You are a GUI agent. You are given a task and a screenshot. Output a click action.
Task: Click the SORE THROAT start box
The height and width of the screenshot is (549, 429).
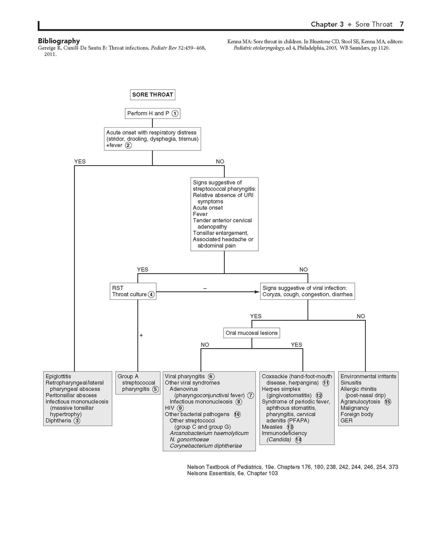click(153, 95)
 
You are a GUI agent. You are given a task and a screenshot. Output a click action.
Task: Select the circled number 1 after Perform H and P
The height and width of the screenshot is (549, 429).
click(175, 113)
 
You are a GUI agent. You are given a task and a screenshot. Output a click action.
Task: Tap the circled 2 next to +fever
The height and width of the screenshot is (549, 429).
click(128, 145)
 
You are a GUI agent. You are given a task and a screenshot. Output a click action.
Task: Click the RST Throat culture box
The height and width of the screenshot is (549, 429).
click(133, 291)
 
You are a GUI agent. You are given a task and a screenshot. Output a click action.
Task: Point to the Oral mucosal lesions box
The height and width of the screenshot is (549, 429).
click(252, 333)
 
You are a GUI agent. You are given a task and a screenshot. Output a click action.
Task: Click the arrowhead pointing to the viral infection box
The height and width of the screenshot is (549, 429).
click(257, 292)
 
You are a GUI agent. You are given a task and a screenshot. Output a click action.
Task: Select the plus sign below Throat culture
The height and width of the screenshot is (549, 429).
click(141, 335)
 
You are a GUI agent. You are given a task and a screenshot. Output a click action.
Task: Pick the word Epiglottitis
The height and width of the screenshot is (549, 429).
click(58, 376)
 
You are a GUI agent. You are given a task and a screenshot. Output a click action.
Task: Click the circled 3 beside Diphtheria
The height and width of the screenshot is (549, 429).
click(77, 421)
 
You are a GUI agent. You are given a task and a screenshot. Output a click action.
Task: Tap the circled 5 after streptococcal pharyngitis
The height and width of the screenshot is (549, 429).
click(156, 390)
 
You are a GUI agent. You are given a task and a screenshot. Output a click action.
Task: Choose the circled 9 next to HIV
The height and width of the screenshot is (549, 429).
click(180, 408)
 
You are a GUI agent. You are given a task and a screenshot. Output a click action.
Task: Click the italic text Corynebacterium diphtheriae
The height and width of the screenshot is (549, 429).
click(206, 446)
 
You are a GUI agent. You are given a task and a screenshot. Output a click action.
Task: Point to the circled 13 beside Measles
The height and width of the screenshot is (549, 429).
click(290, 427)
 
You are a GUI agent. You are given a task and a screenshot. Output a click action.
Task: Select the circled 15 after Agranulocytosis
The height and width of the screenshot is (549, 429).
click(387, 402)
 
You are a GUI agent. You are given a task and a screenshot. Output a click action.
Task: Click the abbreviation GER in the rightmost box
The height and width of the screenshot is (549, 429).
click(347, 421)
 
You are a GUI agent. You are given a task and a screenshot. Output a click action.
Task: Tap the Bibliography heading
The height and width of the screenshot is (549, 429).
click(59, 41)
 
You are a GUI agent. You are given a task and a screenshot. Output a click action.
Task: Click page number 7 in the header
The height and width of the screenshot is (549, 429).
click(402, 24)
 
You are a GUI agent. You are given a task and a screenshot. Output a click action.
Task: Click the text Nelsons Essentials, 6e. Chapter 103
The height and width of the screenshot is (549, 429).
click(232, 474)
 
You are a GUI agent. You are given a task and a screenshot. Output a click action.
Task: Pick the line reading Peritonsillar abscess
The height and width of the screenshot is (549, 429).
click(71, 395)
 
